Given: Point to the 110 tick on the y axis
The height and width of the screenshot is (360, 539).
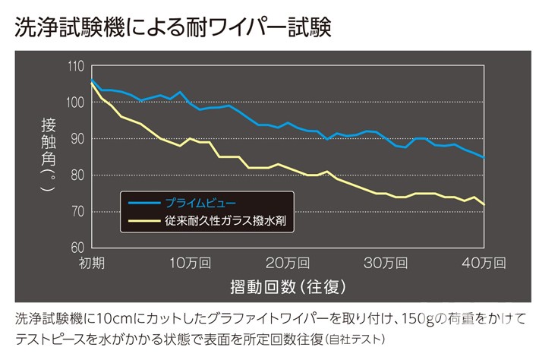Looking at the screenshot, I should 76,66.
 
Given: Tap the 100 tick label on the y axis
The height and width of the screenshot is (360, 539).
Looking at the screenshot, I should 76,103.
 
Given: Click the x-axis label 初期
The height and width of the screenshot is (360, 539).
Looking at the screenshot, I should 92,263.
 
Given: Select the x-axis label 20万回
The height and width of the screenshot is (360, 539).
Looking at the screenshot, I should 286,263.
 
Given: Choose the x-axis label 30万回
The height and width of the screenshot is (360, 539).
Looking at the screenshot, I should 385,263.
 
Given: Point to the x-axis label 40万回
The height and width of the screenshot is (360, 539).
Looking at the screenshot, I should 483,263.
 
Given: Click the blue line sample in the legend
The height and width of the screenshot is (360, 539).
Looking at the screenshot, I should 143,204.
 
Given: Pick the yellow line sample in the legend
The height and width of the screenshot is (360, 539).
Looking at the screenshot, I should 143,222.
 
